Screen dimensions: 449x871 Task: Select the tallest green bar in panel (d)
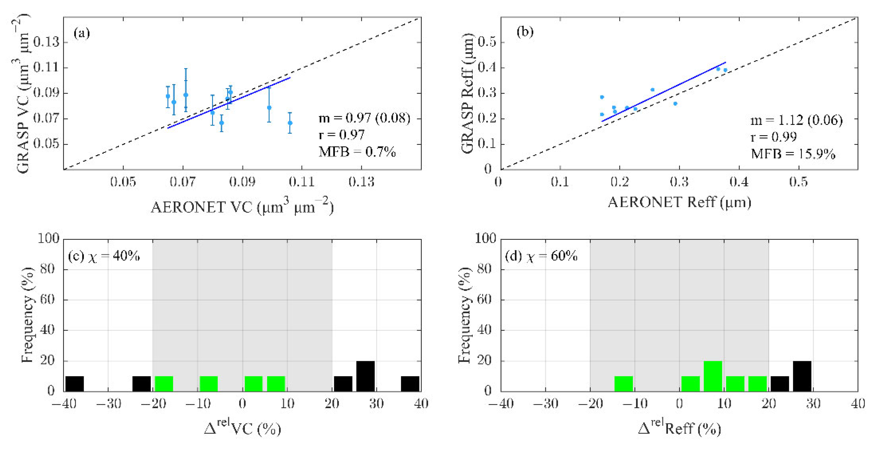coord(713,376)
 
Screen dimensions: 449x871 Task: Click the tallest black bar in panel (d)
coord(802,376)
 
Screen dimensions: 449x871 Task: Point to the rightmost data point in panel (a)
coord(290,123)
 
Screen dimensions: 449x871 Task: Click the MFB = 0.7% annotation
coord(357,152)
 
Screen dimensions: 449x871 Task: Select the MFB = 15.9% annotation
coord(793,154)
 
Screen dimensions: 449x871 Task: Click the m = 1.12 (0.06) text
coord(796,120)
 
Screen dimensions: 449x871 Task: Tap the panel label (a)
coord(82,33)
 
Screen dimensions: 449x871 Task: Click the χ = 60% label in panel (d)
coord(551,256)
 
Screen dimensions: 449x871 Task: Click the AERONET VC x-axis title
coord(242,207)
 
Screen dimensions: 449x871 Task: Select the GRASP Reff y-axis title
coord(467,93)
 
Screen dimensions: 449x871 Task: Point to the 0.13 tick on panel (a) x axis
coord(361,182)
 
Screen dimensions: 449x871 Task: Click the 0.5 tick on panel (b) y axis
coord(487,42)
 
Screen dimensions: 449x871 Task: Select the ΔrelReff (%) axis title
coord(679,428)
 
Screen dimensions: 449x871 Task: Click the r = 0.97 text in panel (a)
coord(342,135)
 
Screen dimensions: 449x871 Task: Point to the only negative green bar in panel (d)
coord(624,384)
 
